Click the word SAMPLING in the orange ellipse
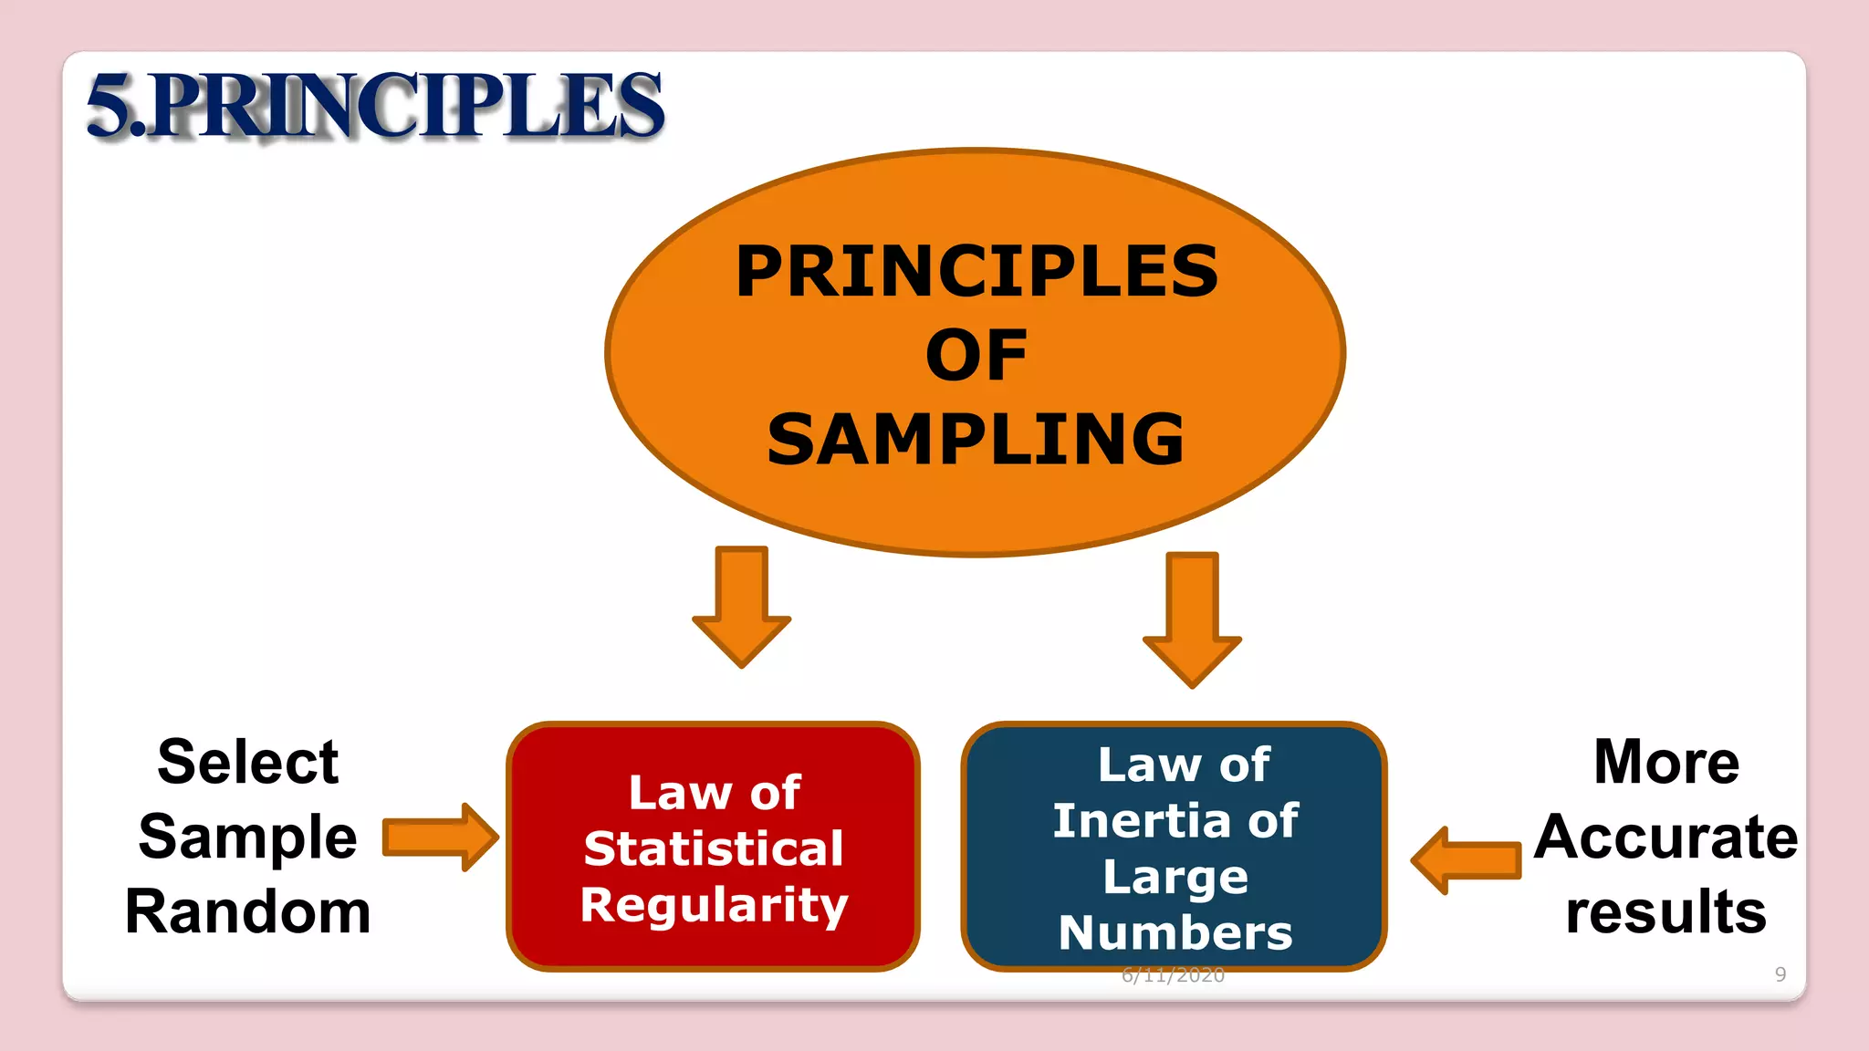976,440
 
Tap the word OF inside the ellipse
976,356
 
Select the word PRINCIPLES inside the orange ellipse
976,272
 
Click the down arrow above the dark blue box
1192,617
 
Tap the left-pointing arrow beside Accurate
1466,860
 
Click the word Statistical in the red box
714,849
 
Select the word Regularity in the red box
714,906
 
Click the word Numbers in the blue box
1175,933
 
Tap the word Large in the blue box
1175,878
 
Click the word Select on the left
248,762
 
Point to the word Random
248,911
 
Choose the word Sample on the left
248,838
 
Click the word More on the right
1666,762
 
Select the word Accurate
1666,838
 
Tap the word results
1666,911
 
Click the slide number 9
1780,974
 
